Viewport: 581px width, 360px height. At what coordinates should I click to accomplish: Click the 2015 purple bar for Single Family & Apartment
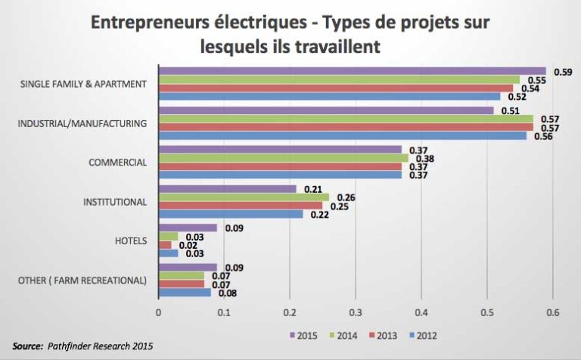point(352,71)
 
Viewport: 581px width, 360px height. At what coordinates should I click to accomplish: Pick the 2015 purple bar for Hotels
point(188,228)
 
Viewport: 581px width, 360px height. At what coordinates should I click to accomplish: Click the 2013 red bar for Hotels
point(164,245)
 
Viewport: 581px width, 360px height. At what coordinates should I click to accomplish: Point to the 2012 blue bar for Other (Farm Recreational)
point(185,292)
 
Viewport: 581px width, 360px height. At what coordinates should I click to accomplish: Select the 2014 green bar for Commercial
point(283,158)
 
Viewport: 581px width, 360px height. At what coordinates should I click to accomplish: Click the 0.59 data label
point(562,72)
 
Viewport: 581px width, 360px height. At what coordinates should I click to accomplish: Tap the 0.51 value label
point(509,110)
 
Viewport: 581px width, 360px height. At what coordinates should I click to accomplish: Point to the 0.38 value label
point(424,159)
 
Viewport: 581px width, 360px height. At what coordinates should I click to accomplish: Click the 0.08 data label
point(227,293)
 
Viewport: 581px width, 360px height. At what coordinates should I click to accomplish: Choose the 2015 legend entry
point(303,335)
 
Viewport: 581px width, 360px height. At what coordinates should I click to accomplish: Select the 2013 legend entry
point(383,335)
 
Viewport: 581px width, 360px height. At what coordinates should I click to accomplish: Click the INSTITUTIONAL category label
point(114,202)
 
